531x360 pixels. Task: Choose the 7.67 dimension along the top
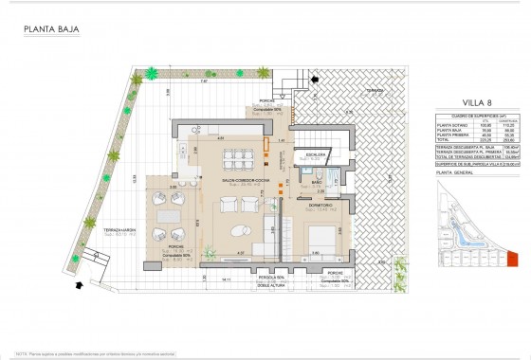203,81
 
